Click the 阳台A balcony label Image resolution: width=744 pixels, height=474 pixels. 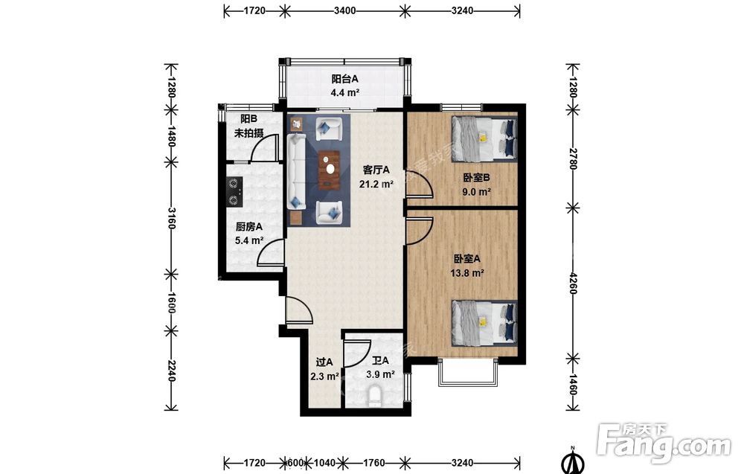345,79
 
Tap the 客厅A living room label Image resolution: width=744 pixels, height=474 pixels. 376,170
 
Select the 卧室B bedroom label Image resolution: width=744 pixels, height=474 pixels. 477,178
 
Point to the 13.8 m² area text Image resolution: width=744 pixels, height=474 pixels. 467,273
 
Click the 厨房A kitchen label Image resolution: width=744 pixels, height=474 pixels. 249,227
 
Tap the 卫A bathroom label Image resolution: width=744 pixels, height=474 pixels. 380,361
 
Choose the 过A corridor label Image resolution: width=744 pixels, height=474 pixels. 324,362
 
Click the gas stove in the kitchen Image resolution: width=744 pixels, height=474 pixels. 234,192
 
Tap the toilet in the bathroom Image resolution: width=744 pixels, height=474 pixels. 374,397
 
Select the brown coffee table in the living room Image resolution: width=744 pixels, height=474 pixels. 330,170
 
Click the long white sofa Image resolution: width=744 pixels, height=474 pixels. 296,171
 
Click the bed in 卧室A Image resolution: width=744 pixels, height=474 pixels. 484,323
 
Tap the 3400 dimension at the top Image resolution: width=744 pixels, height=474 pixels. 345,10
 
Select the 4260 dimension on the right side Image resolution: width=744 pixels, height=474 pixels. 573,283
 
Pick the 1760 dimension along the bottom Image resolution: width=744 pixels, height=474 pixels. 373,462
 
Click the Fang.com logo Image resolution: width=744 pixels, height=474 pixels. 664,442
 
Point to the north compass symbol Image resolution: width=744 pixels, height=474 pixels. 573,461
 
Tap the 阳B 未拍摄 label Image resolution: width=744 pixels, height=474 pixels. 249,126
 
